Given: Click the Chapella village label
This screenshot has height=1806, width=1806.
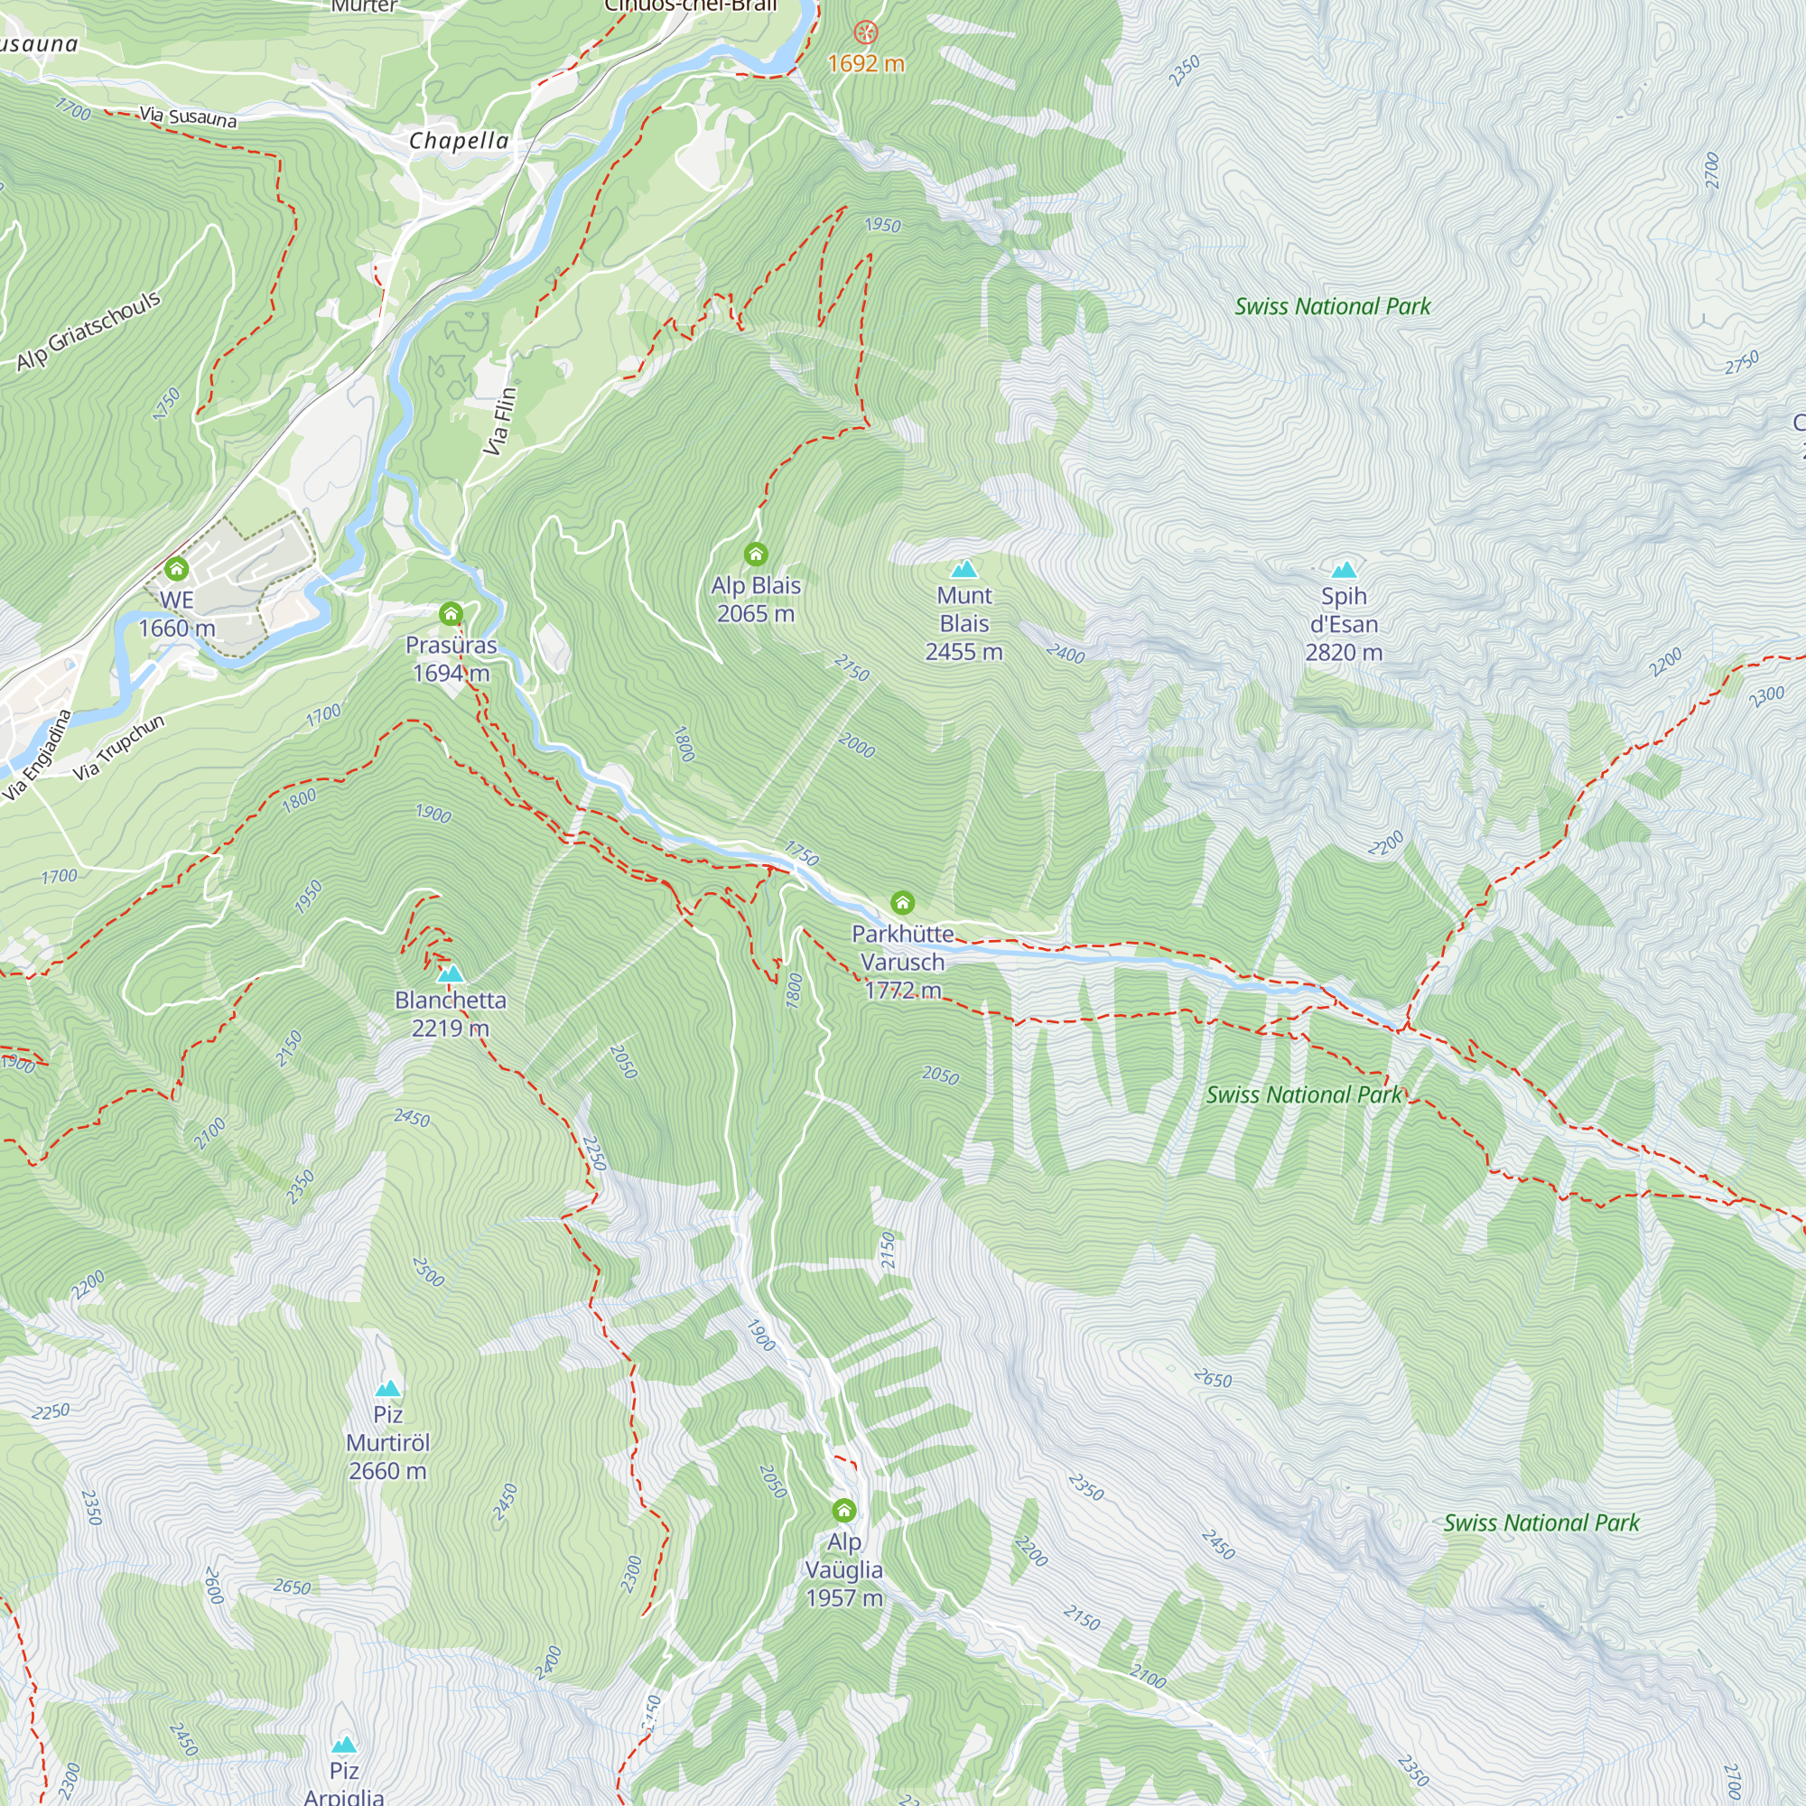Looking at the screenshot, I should coord(459,141).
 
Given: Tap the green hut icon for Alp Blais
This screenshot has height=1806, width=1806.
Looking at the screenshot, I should coord(755,554).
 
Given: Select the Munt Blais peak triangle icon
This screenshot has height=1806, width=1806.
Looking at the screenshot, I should coord(964,568).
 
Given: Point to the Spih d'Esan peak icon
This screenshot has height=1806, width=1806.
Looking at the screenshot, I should coord(1344,569).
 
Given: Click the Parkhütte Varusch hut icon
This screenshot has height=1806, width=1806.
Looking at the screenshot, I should coord(902,902).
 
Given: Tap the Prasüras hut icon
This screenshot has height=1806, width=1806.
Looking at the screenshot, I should coord(451,614).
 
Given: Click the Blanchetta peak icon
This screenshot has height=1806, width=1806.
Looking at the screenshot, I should coord(451,973).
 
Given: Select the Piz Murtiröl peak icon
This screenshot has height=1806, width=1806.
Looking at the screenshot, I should coord(388,1388).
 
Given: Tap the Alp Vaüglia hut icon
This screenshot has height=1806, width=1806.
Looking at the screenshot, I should coord(843,1510).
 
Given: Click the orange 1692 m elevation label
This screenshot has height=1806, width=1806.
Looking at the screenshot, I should coord(867,63).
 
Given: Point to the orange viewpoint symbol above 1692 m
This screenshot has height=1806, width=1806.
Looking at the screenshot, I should coord(867,33).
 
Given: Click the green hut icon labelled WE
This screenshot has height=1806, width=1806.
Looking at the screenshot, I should coord(177,568).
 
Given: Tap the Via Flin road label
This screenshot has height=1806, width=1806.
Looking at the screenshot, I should coord(500,422).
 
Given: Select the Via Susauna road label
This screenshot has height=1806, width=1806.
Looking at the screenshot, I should coord(188,116).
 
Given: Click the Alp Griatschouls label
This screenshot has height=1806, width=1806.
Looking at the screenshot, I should coord(88,330).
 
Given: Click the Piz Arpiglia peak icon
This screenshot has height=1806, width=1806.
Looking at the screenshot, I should coord(344,1745).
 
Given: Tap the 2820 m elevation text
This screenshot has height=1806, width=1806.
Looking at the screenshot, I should coord(1344,653).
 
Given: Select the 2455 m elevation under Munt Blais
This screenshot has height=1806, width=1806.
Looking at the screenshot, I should coord(964,653).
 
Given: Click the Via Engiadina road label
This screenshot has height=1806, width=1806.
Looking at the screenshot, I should coord(37,755).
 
